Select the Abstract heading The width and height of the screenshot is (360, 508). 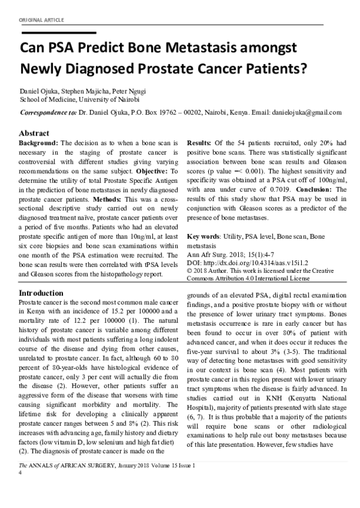click(35, 133)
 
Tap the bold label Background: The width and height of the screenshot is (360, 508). click(39, 145)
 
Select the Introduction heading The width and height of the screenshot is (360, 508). click(41, 292)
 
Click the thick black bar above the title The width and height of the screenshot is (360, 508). click(58, 32)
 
